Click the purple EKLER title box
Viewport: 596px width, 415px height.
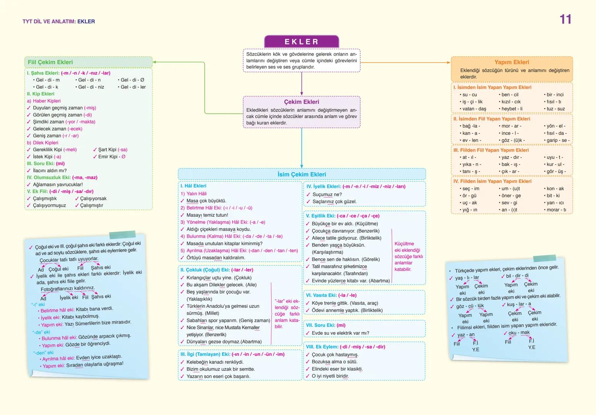301,41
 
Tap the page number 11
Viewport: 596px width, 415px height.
565,20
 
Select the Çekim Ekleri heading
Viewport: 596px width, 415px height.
301,102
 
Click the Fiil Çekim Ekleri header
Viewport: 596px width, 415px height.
50,62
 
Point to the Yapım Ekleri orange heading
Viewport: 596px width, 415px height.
511,62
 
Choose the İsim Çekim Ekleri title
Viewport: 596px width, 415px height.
302,174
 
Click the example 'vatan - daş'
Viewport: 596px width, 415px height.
474,109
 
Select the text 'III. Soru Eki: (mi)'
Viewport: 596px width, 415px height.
46,164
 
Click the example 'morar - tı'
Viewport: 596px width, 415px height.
556,210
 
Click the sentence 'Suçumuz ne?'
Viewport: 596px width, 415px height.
327,194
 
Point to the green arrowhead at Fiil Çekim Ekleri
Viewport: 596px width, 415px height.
155,62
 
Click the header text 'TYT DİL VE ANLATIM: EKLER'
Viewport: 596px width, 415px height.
58,22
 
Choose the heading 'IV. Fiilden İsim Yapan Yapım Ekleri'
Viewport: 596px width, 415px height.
492,181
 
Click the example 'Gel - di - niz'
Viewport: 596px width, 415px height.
91,87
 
